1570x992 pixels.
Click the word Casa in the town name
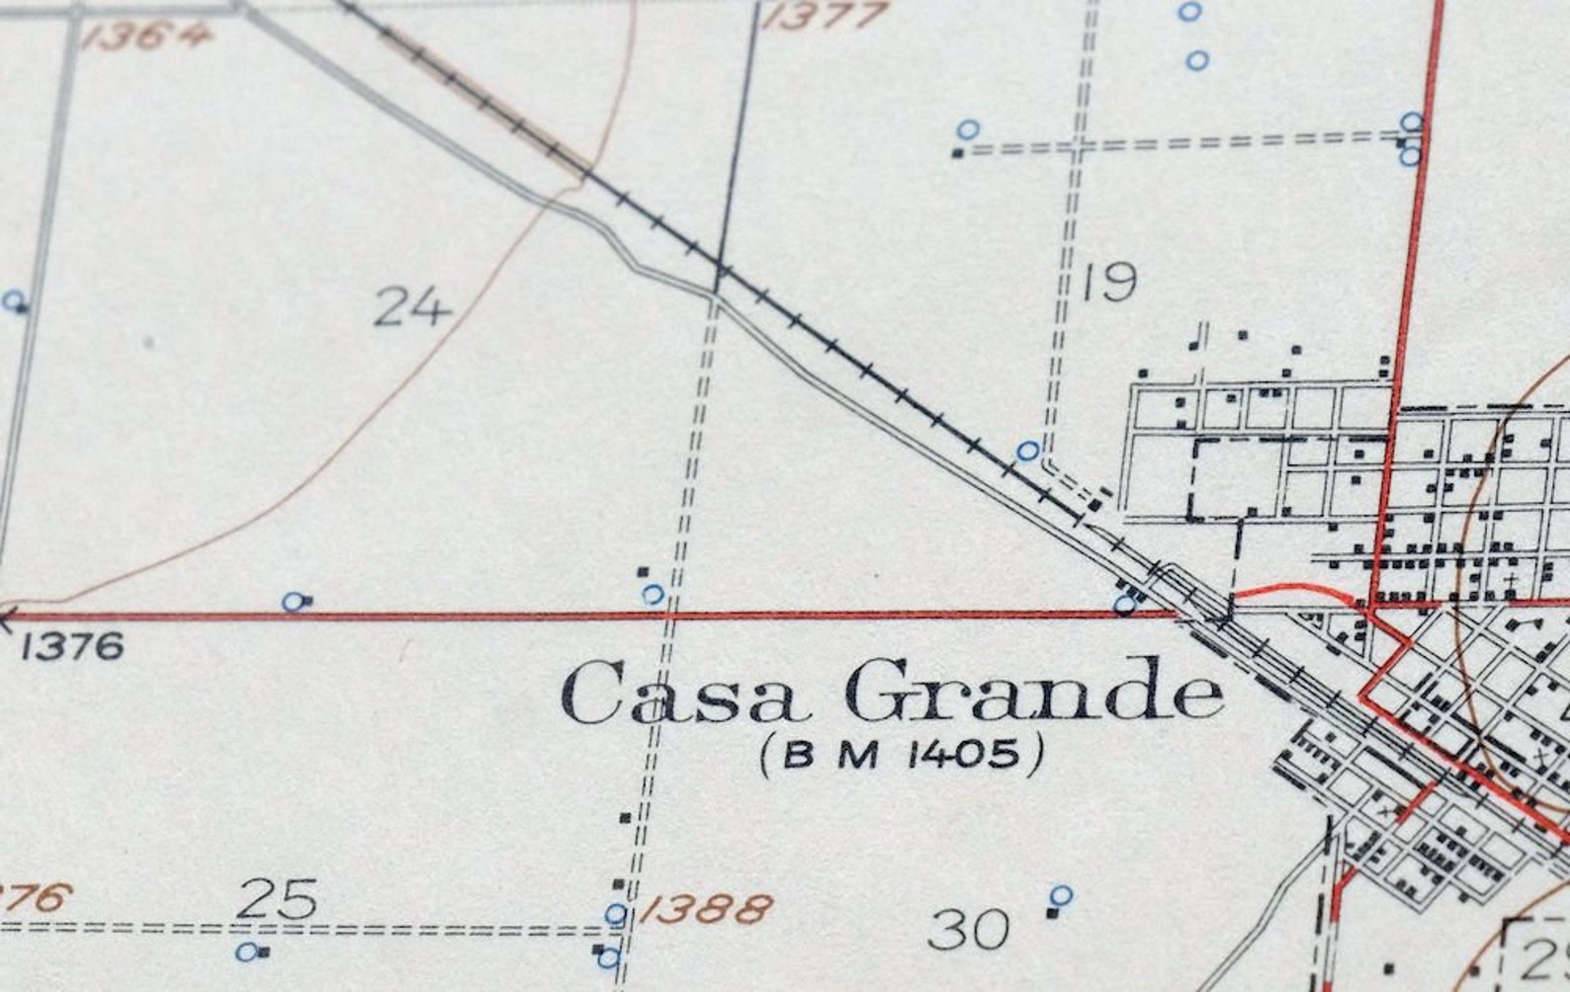(x=680, y=694)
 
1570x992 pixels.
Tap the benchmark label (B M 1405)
(x=902, y=756)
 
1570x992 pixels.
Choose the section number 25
(x=278, y=899)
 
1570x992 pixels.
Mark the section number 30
(x=969, y=930)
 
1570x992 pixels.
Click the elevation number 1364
(x=147, y=37)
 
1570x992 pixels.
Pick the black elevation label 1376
(x=73, y=647)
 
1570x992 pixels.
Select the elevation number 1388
(x=705, y=909)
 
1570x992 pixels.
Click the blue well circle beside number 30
(x=1061, y=896)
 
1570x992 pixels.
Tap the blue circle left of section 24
(x=14, y=300)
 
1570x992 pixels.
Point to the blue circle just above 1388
(x=616, y=914)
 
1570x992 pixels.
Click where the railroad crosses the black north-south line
(x=721, y=268)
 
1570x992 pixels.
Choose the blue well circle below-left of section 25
(x=247, y=951)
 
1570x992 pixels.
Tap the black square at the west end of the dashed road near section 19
(x=957, y=152)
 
